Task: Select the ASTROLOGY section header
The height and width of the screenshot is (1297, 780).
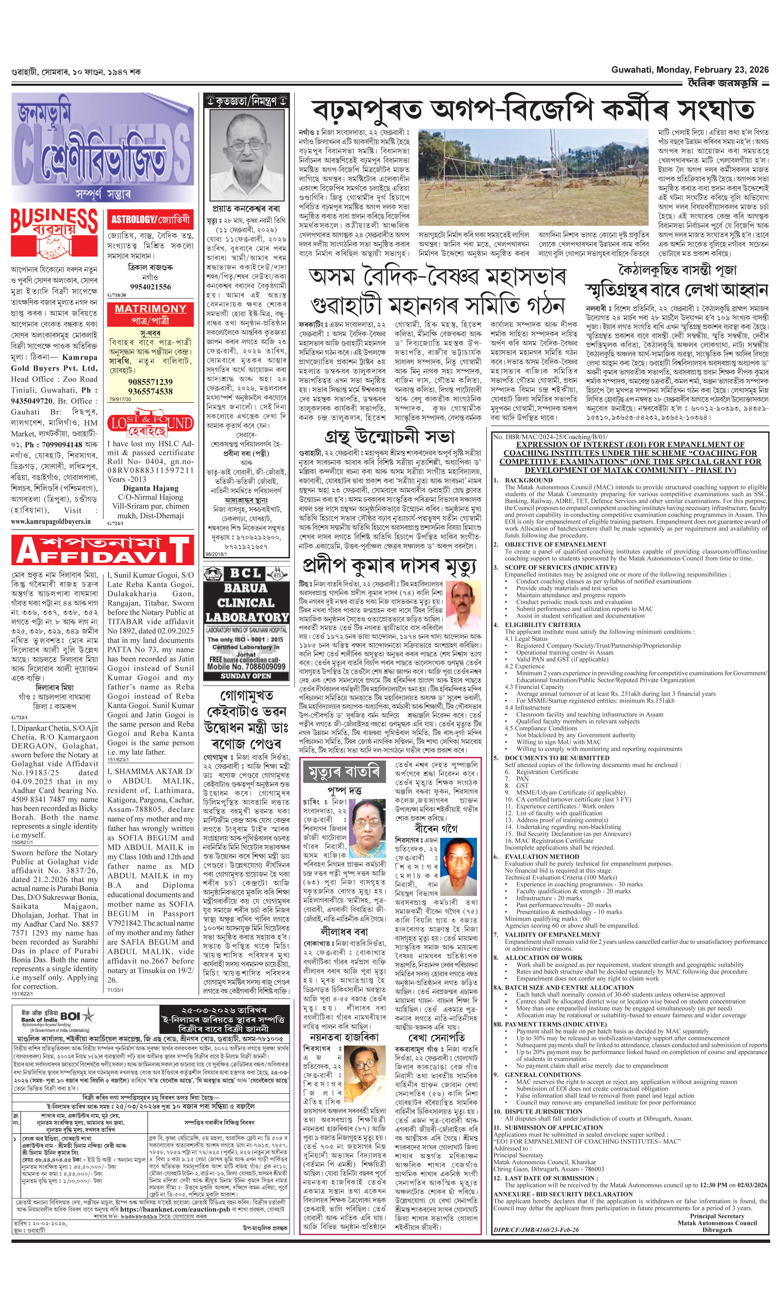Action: (150, 219)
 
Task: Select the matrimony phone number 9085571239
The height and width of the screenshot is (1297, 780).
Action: (150, 382)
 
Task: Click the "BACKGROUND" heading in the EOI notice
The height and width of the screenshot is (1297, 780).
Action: (528, 480)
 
